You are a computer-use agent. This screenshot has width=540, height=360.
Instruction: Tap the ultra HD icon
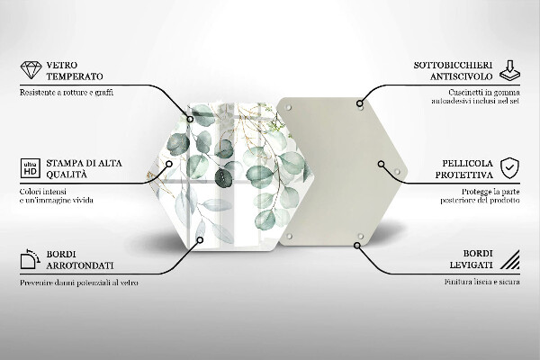pyautogui.click(x=30, y=168)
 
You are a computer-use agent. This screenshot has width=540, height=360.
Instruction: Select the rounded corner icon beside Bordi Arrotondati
pyautogui.click(x=30, y=261)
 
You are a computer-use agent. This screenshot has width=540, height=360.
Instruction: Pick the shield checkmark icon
pyautogui.click(x=509, y=167)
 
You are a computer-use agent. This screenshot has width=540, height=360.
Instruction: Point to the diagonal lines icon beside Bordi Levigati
pyautogui.click(x=509, y=261)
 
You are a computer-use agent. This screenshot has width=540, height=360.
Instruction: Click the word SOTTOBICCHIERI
pyautogui.click(x=437, y=65)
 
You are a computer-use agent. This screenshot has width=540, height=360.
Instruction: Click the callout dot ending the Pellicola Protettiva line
pyautogui.click(x=382, y=165)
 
